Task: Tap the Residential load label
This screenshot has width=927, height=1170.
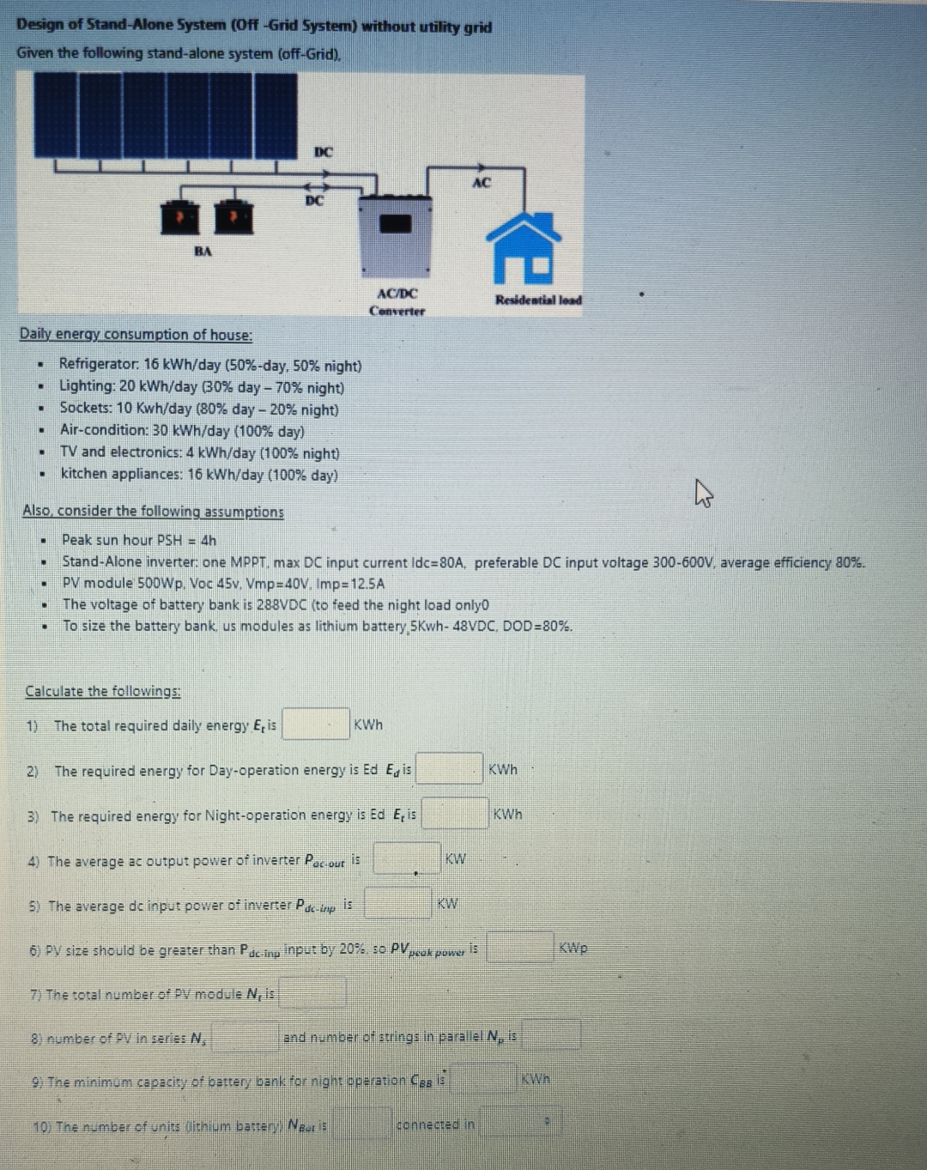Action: [x=538, y=300]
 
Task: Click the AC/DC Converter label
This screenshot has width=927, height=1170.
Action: [x=397, y=302]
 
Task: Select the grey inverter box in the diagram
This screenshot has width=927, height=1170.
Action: [x=395, y=235]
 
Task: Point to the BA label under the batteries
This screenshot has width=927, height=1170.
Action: [x=203, y=252]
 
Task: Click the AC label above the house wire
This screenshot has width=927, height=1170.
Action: [x=482, y=182]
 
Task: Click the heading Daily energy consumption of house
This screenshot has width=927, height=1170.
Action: [x=136, y=335]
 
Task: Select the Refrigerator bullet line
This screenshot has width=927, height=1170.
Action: [x=210, y=366]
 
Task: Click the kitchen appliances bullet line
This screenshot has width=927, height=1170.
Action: [x=199, y=475]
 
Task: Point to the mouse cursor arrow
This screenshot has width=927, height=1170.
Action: [x=703, y=493]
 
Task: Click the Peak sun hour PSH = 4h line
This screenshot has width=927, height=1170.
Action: [x=139, y=540]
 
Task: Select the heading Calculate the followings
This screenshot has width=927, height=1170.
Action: [x=103, y=691]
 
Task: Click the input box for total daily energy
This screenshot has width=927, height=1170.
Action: [x=316, y=724]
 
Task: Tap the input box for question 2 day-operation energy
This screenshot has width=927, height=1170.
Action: [x=449, y=768]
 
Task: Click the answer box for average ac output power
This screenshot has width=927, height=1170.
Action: [x=406, y=858]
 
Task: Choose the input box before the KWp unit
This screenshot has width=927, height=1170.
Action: [x=520, y=948]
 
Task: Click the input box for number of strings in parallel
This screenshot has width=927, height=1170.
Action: [x=551, y=1035]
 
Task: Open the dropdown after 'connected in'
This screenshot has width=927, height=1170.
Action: [x=520, y=1122]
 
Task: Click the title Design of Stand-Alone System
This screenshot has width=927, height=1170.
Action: [x=254, y=26]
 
